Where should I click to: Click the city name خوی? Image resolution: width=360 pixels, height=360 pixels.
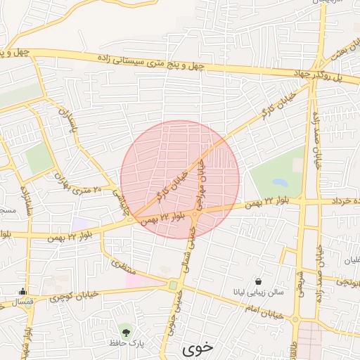pyautogui.click(x=198, y=348)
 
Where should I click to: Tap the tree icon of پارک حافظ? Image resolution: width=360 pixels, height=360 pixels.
pyautogui.click(x=126, y=330)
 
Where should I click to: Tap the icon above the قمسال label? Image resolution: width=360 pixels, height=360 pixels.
pyautogui.click(x=23, y=291)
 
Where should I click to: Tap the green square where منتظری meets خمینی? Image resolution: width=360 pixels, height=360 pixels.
pyautogui.click(x=173, y=285)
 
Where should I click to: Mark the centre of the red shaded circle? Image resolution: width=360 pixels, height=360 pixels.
pyautogui.click(x=180, y=179)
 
